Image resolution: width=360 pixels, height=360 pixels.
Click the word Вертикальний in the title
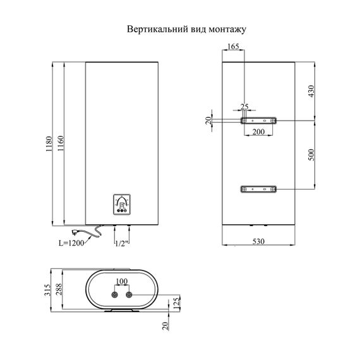pyautogui.click(x=157, y=30)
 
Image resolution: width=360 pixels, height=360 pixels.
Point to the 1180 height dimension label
pyautogui.click(x=49, y=144)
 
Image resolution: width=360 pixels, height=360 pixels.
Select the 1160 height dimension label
pyautogui.click(x=61, y=143)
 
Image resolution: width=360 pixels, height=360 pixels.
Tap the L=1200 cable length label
pyautogui.click(x=71, y=243)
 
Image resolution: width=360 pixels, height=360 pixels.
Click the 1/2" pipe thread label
pyautogui.click(x=121, y=243)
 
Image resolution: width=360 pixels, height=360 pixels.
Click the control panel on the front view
pyautogui.click(x=122, y=205)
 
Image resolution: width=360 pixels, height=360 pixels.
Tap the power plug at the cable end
pyautogui.click(x=75, y=232)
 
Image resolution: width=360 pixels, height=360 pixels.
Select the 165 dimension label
pyautogui.click(x=233, y=46)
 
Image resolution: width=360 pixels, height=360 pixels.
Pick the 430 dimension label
pyautogui.click(x=311, y=91)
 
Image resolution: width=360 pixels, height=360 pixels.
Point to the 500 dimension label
pyautogui.click(x=311, y=155)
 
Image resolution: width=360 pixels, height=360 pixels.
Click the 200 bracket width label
pyautogui.click(x=258, y=132)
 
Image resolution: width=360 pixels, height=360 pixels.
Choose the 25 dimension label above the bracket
pyautogui.click(x=244, y=107)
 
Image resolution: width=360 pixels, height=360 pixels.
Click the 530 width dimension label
pyautogui.click(x=258, y=241)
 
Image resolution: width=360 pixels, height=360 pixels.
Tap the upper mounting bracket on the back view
pyautogui.click(x=258, y=121)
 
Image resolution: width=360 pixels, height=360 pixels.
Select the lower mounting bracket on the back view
pyautogui.click(x=258, y=189)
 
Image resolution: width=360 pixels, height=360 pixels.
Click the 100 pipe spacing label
pyautogui.click(x=122, y=281)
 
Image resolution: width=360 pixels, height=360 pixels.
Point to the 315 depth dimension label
pyautogui.click(x=47, y=290)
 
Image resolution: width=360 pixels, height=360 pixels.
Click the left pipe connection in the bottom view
pyautogui.click(x=114, y=295)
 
